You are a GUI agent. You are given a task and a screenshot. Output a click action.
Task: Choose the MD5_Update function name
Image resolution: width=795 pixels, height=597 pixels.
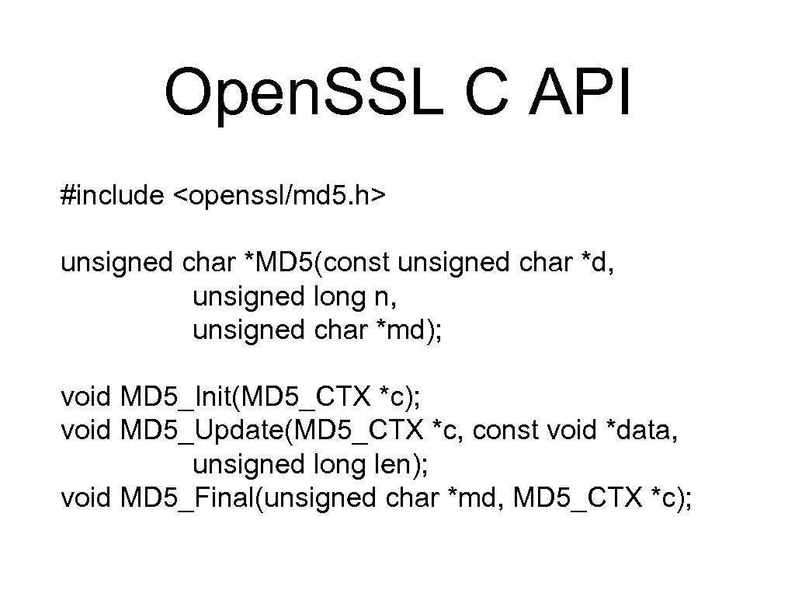coord(203,431)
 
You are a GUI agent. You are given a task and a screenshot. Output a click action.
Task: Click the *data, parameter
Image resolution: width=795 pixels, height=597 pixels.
coord(641,431)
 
